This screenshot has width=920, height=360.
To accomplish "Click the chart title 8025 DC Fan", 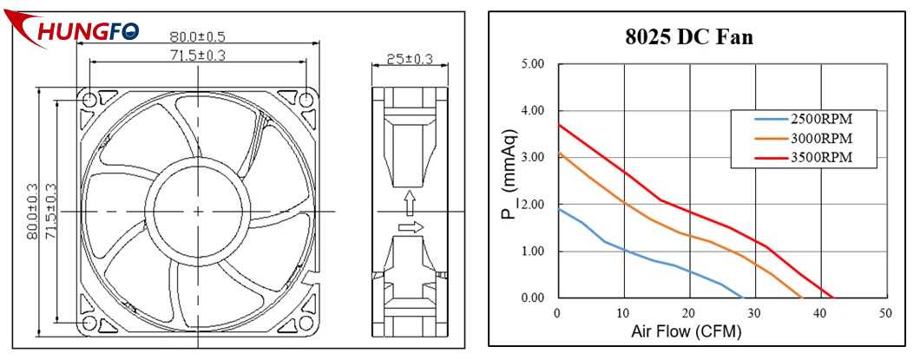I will [689, 37].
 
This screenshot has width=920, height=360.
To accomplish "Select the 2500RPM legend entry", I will [818, 118].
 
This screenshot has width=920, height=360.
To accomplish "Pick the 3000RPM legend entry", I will [818, 138].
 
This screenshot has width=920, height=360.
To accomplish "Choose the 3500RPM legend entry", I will [818, 157].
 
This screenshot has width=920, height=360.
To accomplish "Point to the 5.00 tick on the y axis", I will [531, 64].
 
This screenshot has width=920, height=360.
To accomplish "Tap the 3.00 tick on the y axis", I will [531, 158].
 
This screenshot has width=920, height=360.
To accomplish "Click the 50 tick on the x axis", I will [884, 313].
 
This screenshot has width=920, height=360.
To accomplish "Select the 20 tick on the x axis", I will [688, 313].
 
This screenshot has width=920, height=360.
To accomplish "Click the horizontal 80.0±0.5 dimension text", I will [197, 36].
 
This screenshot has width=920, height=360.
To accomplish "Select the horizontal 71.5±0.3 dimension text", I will [198, 55].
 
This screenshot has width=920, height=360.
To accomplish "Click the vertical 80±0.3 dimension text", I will [33, 211].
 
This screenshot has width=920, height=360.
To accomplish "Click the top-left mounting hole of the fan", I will [90, 101].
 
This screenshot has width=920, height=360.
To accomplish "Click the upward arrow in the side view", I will [409, 203].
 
